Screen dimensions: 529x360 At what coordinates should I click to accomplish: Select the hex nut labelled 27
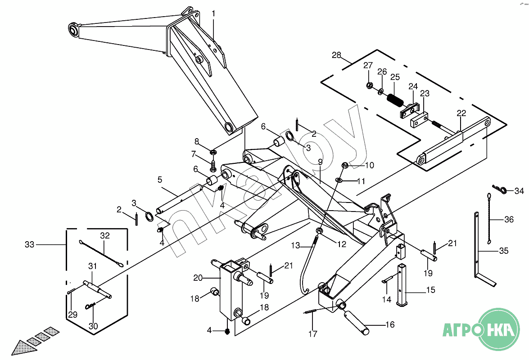click(369, 85)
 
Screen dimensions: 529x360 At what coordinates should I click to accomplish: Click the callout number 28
click(336, 55)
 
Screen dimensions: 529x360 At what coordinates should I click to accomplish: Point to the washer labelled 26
click(381, 91)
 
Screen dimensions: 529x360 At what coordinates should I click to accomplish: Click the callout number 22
click(461, 113)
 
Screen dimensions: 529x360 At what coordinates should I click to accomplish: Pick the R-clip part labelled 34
click(500, 189)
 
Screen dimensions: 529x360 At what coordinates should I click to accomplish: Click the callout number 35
click(504, 251)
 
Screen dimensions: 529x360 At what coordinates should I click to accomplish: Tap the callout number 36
click(509, 220)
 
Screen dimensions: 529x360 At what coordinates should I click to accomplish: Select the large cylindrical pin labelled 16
click(357, 323)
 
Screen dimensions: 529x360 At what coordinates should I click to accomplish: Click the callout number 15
click(431, 290)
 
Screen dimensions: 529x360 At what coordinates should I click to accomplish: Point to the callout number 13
click(295, 246)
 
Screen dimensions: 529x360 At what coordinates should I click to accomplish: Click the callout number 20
click(198, 278)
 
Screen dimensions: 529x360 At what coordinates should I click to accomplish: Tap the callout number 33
click(30, 244)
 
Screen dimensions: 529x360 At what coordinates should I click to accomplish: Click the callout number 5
click(160, 180)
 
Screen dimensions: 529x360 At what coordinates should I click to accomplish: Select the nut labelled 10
click(345, 165)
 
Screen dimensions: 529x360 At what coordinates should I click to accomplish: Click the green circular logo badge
click(499, 330)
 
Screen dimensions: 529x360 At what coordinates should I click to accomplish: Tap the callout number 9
click(320, 162)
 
